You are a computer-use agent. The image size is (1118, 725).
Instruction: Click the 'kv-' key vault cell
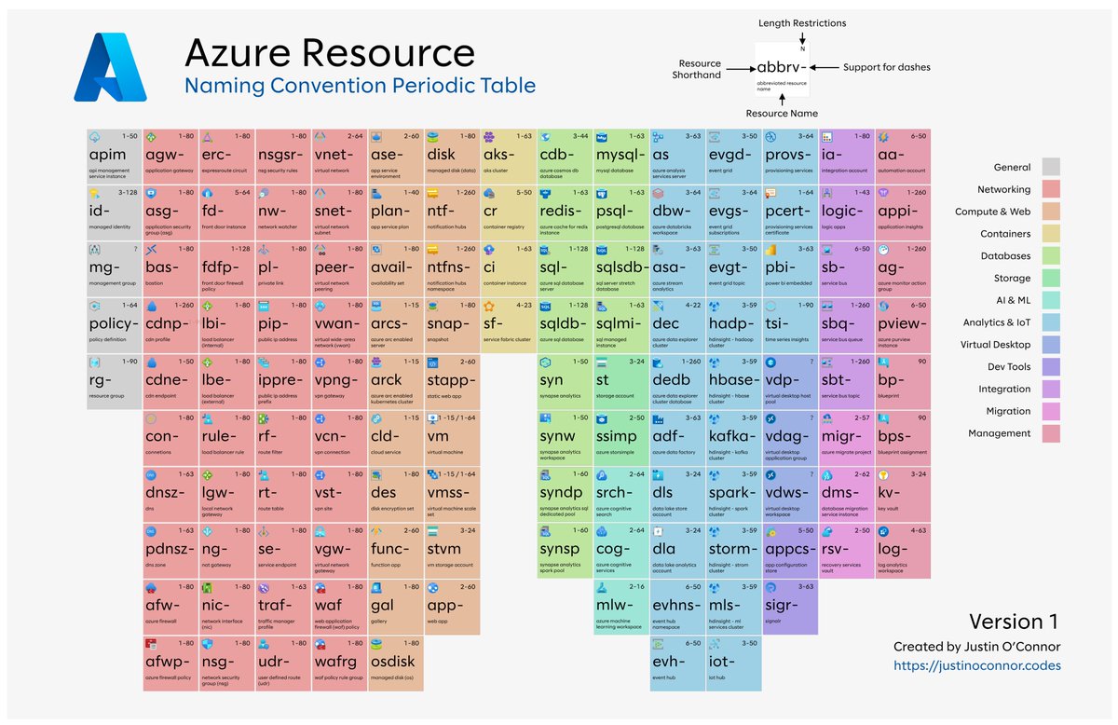(903, 493)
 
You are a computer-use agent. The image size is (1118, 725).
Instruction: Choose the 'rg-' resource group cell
(114, 380)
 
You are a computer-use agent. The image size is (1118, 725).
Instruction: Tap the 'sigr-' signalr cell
(790, 605)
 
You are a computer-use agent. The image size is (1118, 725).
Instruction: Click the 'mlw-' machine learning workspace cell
(621, 605)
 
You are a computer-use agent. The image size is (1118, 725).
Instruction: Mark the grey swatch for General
(1050, 168)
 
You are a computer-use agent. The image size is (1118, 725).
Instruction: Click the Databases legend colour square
(1050, 256)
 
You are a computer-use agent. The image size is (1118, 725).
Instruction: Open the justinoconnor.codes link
(976, 665)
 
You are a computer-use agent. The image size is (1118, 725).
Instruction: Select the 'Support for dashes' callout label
(886, 68)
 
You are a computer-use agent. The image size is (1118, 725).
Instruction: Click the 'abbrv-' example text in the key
(783, 68)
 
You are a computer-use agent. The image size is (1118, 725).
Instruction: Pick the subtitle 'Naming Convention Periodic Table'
(360, 87)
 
